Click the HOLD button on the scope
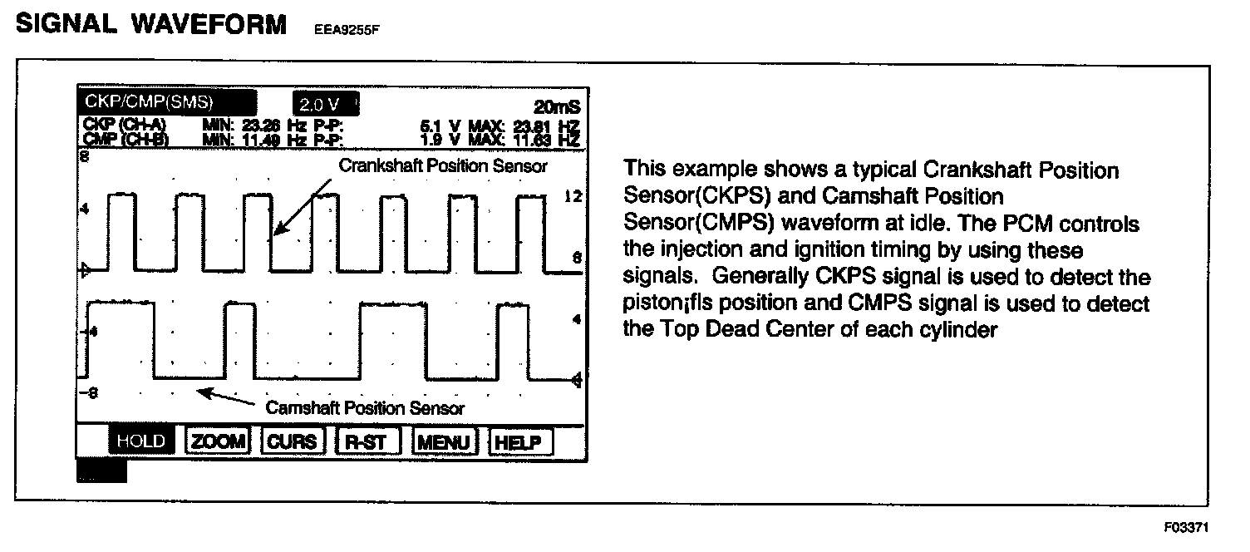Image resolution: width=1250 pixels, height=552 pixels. coord(141,441)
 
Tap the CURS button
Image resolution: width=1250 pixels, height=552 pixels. coord(292,441)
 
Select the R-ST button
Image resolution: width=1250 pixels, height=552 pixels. coord(367,441)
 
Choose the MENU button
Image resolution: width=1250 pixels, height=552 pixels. coord(445,441)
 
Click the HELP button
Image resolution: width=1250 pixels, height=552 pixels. coord(518,441)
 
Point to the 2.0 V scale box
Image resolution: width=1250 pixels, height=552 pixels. coord(324,105)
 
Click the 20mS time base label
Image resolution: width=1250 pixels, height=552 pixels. coord(557,107)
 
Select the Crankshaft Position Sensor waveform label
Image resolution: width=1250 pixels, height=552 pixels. coord(443,165)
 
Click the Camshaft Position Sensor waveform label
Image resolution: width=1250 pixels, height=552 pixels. coord(365,408)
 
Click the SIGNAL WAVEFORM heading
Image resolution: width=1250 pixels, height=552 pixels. coord(150,24)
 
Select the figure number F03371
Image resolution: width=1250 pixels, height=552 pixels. coord(1188,528)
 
